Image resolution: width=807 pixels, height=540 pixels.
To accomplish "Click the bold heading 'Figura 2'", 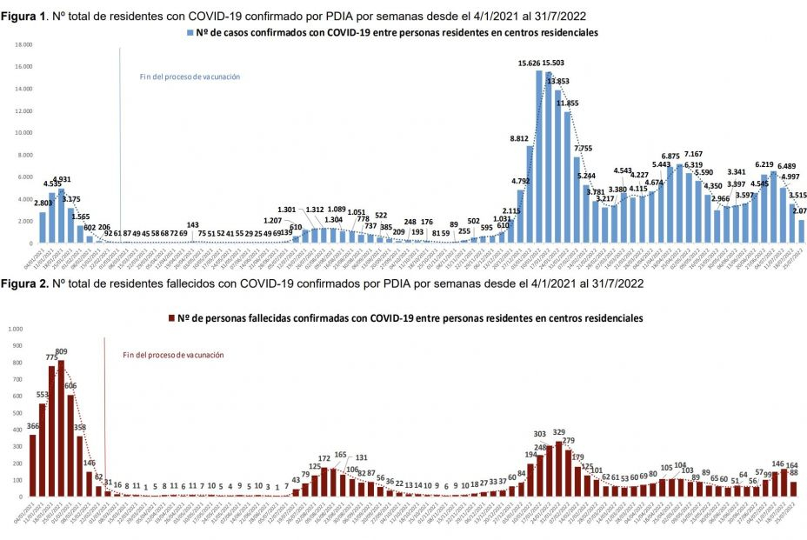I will (23, 284).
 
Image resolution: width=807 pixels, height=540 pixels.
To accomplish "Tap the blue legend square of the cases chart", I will (190, 32).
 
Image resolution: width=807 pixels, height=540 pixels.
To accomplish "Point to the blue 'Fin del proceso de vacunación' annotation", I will (190, 77).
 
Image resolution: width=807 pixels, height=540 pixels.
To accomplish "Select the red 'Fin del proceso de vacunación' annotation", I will (173, 355).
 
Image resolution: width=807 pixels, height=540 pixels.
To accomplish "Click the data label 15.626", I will (530, 63).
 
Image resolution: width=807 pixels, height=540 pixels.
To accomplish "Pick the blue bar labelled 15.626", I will (539, 157).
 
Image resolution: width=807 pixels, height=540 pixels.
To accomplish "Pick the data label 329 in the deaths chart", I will (559, 432).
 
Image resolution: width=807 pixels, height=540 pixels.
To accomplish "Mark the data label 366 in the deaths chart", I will (33, 426).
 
